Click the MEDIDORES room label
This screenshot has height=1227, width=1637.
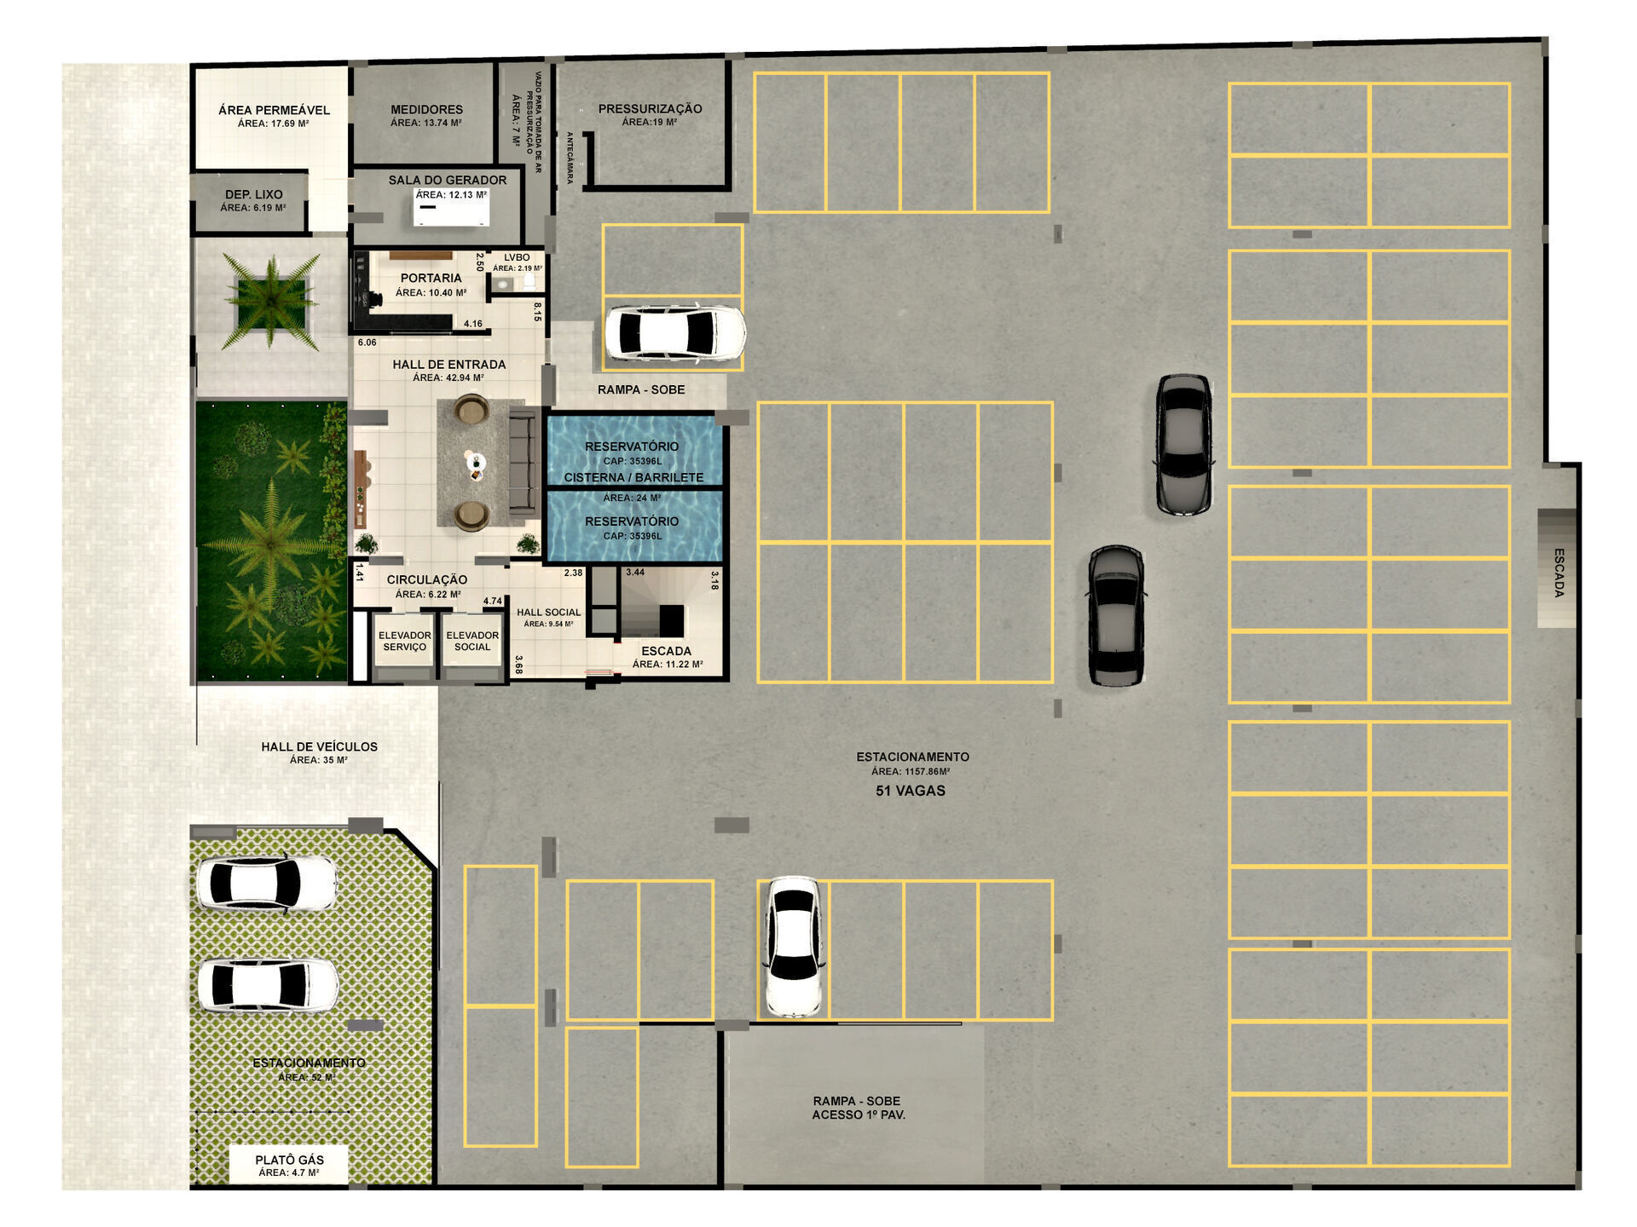[x=426, y=110]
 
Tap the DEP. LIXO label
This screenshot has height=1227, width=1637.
[x=253, y=194]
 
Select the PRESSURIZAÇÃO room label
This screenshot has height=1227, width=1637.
[x=650, y=109]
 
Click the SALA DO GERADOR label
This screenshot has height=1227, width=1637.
[x=447, y=180]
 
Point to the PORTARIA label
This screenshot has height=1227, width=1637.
[x=431, y=278]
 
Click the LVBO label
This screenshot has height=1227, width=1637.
[x=517, y=257]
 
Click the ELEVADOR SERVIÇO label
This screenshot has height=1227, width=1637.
[x=404, y=641]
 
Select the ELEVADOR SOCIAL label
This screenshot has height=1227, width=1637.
[x=472, y=641]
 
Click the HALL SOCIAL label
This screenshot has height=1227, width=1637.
[x=548, y=613]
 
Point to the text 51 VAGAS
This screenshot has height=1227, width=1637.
[x=911, y=791]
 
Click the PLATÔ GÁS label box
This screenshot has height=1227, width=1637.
[x=289, y=1165]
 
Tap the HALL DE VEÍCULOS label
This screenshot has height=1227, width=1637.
[x=319, y=747]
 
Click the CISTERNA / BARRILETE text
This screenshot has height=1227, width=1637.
[x=633, y=477]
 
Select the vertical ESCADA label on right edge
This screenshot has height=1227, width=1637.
[x=1559, y=572]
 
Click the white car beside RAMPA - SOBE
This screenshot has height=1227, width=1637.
[x=674, y=333]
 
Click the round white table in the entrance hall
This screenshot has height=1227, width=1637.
[x=474, y=463]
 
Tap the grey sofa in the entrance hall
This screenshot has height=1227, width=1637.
[x=523, y=461]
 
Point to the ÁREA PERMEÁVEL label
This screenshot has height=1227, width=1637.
[x=274, y=110]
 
